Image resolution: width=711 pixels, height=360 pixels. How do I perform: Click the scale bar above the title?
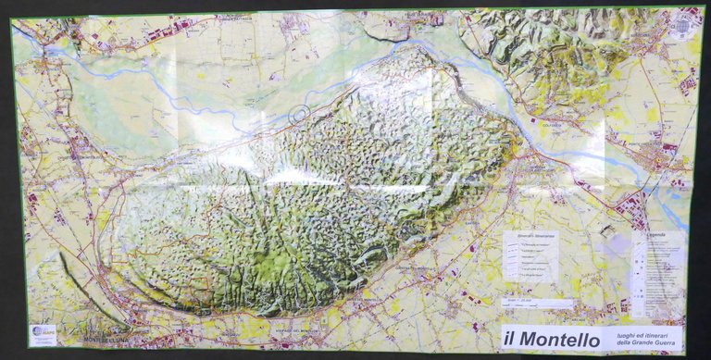(x=541, y=303)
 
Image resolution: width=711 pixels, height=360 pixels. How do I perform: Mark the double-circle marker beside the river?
(x=299, y=114)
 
